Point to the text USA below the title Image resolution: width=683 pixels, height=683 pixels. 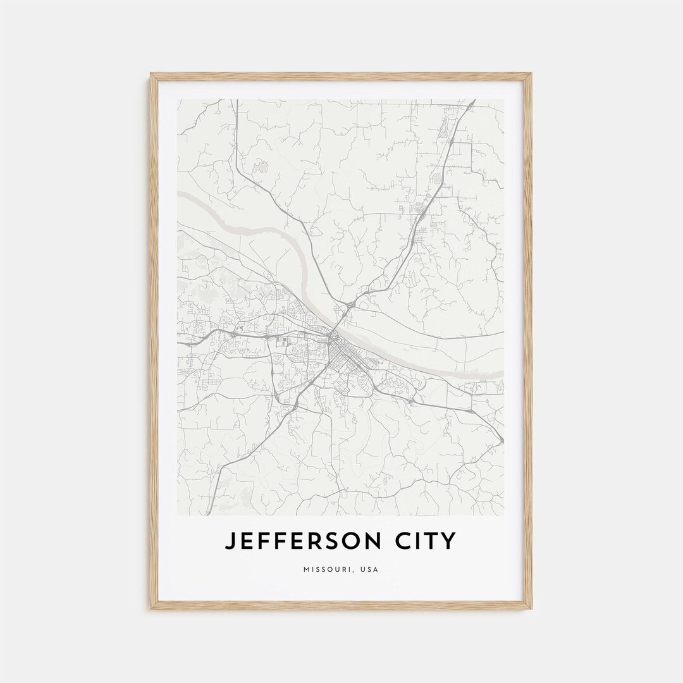point(370,570)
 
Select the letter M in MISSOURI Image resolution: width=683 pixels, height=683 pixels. point(307,570)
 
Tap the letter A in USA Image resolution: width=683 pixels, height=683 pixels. point(376,570)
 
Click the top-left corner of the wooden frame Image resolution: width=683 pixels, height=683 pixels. point(152,75)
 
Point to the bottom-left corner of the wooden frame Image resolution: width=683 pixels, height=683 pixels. point(152,608)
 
